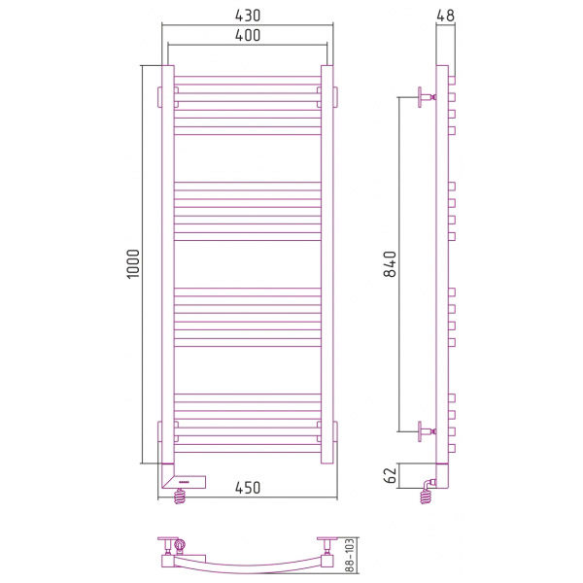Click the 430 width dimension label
pyautogui.click(x=248, y=16)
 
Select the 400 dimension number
pyautogui.click(x=248, y=35)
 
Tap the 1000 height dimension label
pyautogui.click(x=133, y=264)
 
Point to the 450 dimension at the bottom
pyautogui.click(x=248, y=488)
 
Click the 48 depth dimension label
pyautogui.click(x=445, y=16)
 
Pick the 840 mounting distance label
pyautogui.click(x=390, y=264)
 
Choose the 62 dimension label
pyautogui.click(x=390, y=475)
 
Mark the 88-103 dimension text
pyautogui.click(x=350, y=556)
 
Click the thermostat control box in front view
pyautogui.click(x=184, y=481)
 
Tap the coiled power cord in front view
pyautogui.click(x=180, y=496)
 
